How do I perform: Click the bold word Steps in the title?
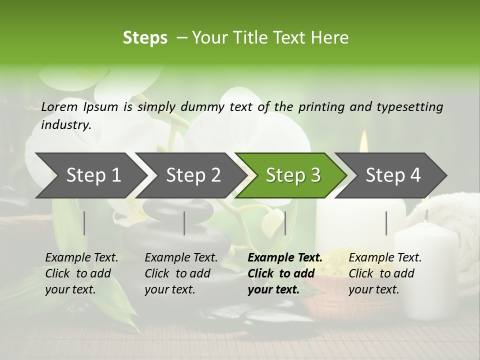pos(145,38)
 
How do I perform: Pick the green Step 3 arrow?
pos(292,175)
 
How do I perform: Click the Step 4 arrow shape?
pos(392,175)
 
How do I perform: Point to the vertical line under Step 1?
pos(84,223)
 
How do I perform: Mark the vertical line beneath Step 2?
pos(184,223)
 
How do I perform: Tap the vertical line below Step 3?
pos(285,223)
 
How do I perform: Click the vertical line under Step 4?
pos(386,223)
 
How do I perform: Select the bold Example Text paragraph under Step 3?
pos(285,273)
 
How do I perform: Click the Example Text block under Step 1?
pos(81,273)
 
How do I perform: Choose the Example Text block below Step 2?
pos(181,273)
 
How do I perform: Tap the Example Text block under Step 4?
pos(385,273)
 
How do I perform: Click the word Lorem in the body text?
pos(59,107)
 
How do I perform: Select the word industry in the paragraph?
pos(65,125)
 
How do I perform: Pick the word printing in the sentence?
pos(320,107)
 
